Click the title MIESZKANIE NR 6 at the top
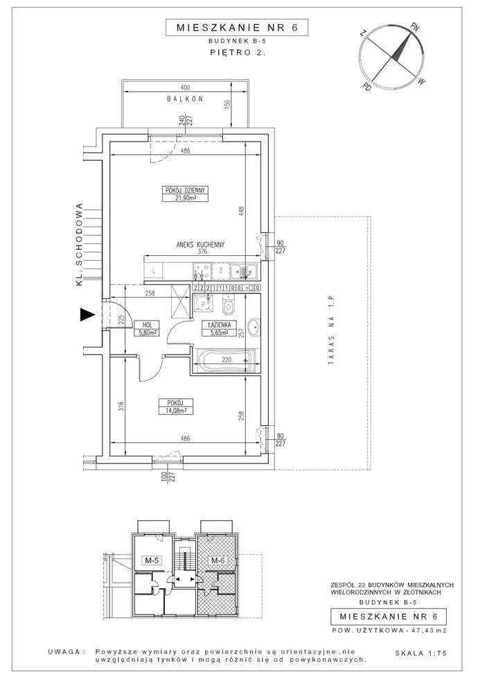tap(237, 28)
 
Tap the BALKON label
tap(185, 99)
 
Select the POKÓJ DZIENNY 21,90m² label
tap(185, 194)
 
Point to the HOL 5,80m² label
tap(147, 327)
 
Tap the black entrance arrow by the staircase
tap(87, 315)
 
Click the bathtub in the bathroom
tap(224, 360)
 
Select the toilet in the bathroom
tap(228, 305)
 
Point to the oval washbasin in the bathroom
tap(254, 327)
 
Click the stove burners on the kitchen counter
tap(202, 271)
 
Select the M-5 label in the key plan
tap(152, 561)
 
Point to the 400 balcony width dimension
tap(186, 87)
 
